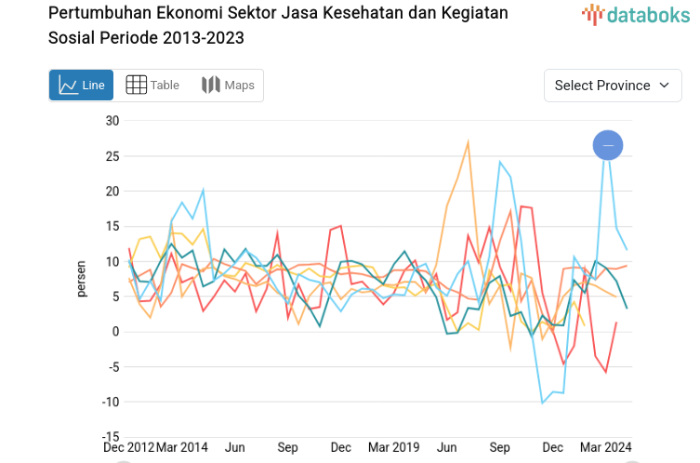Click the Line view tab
[81, 86]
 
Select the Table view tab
[152, 86]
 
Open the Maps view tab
[228, 86]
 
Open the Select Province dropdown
[612, 86]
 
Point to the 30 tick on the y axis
[112, 121]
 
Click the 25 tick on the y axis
[112, 156]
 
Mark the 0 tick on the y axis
[115, 332]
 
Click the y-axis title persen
[82, 279]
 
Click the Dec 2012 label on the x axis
[129, 447]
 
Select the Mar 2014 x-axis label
[182, 447]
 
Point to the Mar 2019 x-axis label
[393, 447]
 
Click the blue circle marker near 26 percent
[608, 145]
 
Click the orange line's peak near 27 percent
[468, 141]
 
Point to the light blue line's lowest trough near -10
[543, 403]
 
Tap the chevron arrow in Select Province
[664, 86]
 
